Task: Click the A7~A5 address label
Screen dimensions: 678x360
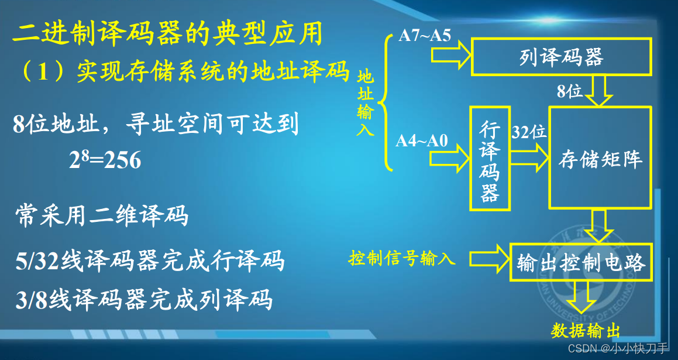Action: tap(425, 36)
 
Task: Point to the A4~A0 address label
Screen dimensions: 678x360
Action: tap(422, 141)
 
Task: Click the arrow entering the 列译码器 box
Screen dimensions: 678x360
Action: tap(451, 56)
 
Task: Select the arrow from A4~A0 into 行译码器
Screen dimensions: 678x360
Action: tap(450, 159)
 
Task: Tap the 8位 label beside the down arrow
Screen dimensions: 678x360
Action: tap(569, 91)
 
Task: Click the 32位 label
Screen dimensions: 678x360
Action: tap(529, 132)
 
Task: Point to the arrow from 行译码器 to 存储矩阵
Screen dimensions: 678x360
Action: tap(529, 157)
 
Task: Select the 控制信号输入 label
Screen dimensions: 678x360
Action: tap(402, 259)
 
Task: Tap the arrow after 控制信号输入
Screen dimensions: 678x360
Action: tap(490, 259)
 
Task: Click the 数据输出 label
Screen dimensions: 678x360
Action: tap(585, 331)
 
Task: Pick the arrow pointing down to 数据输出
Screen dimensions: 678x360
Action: tap(581, 297)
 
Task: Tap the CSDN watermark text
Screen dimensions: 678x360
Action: tap(618, 348)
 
